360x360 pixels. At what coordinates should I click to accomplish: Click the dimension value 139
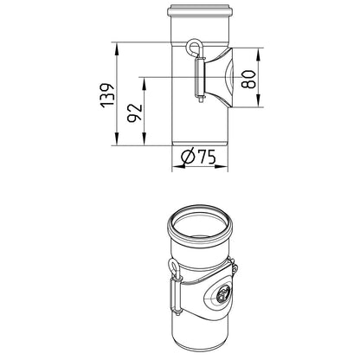click(107, 96)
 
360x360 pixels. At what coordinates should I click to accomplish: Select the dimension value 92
click(135, 112)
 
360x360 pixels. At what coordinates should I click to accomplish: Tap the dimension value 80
click(248, 79)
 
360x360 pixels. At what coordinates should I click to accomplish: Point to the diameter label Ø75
click(199, 157)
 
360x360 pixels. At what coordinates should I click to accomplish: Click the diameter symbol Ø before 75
click(188, 157)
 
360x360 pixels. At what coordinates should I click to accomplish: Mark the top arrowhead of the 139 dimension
click(117, 48)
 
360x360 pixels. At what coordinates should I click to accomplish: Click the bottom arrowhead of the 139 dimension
click(117, 139)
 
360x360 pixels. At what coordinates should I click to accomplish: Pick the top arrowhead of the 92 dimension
click(145, 83)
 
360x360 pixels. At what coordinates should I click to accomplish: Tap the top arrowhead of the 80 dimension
click(259, 54)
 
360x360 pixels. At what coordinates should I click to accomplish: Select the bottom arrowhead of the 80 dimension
click(259, 101)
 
